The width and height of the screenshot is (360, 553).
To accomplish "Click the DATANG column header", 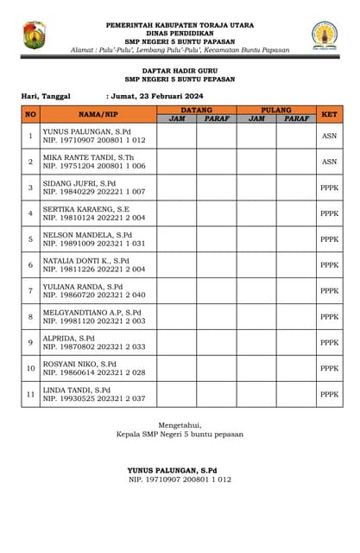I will click(x=197, y=110).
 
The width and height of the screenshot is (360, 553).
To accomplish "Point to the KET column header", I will click(x=329, y=114).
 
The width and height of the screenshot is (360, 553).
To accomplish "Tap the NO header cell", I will click(x=30, y=114).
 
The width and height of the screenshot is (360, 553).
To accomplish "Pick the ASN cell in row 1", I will click(x=329, y=136).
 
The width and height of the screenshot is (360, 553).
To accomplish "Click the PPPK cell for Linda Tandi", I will click(x=329, y=394).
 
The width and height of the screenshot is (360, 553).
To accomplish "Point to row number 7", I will click(x=30, y=291).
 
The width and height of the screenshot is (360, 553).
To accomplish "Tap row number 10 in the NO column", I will click(x=30, y=368).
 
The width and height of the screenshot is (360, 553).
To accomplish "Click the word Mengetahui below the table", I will click(x=180, y=424).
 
